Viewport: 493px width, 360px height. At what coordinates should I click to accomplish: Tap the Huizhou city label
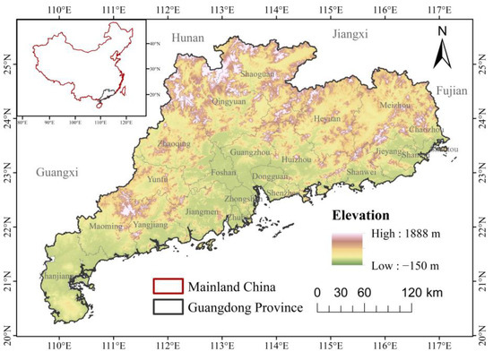[295, 159]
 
